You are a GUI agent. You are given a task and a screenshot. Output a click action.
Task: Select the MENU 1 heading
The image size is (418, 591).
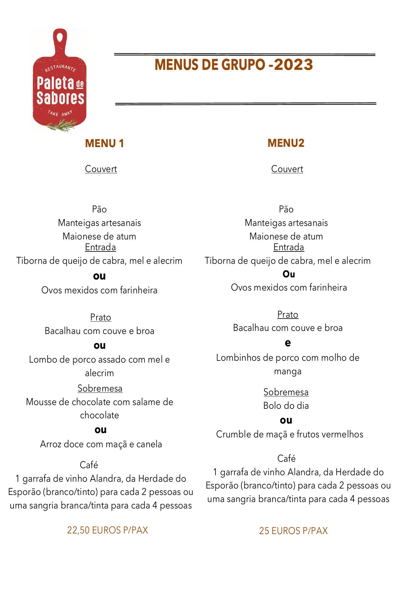[104, 143]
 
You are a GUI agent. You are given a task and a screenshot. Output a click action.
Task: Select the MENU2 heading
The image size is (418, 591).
[286, 143]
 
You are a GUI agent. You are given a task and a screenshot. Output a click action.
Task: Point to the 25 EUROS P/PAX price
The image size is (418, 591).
[293, 530]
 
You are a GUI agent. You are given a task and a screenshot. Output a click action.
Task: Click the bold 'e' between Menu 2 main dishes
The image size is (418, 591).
[287, 343]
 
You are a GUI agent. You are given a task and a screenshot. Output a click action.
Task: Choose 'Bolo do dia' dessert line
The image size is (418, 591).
[286, 405]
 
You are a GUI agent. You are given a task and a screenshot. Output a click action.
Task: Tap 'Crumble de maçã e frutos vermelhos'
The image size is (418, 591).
[289, 434]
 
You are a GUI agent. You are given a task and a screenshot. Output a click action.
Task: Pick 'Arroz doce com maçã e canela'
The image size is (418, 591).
[101, 444]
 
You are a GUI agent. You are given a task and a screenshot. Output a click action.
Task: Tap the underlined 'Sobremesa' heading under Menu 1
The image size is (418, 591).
[100, 388]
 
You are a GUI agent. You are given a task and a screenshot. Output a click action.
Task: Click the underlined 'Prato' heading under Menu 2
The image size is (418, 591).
[287, 314]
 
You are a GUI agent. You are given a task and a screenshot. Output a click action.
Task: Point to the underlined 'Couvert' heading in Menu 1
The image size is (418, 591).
[101, 169]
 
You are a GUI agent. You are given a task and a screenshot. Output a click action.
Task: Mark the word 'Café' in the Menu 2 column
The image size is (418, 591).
[286, 458]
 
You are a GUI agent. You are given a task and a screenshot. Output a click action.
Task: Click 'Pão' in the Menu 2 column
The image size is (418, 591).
[286, 209]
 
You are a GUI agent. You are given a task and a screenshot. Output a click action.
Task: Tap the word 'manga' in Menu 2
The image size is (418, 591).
[287, 371]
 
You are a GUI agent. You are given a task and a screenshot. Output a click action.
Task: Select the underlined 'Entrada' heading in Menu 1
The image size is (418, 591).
[100, 247]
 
